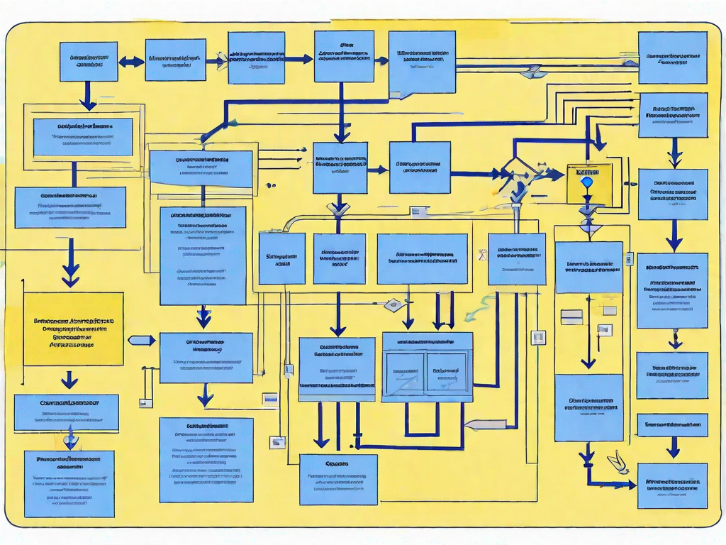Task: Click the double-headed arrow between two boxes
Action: [x=131, y=62]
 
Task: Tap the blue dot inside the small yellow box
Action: [x=586, y=182]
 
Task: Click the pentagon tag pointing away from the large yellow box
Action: [x=142, y=341]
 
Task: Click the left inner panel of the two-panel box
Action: [x=405, y=373]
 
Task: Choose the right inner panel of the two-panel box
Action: [x=446, y=373]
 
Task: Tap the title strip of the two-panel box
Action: [x=427, y=341]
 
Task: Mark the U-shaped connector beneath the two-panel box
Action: [x=422, y=422]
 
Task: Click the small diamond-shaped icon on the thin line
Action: [x=392, y=304]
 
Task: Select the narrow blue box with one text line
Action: [x=671, y=425]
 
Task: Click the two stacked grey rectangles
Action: [x=571, y=316]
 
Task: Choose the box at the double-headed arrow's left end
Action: [x=89, y=61]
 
